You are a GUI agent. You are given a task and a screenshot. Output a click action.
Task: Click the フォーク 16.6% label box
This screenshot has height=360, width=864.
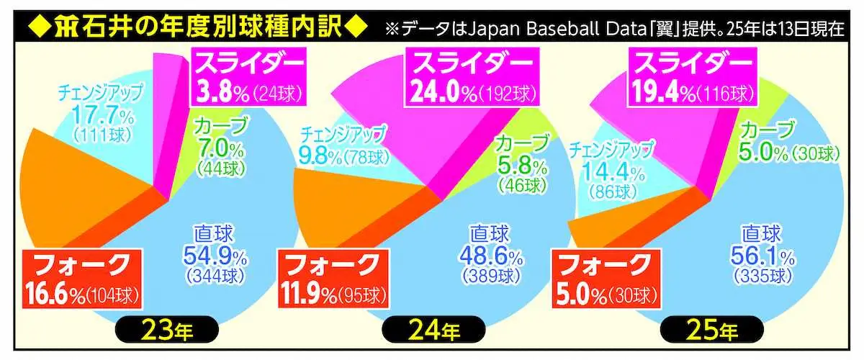click(x=79, y=276)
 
